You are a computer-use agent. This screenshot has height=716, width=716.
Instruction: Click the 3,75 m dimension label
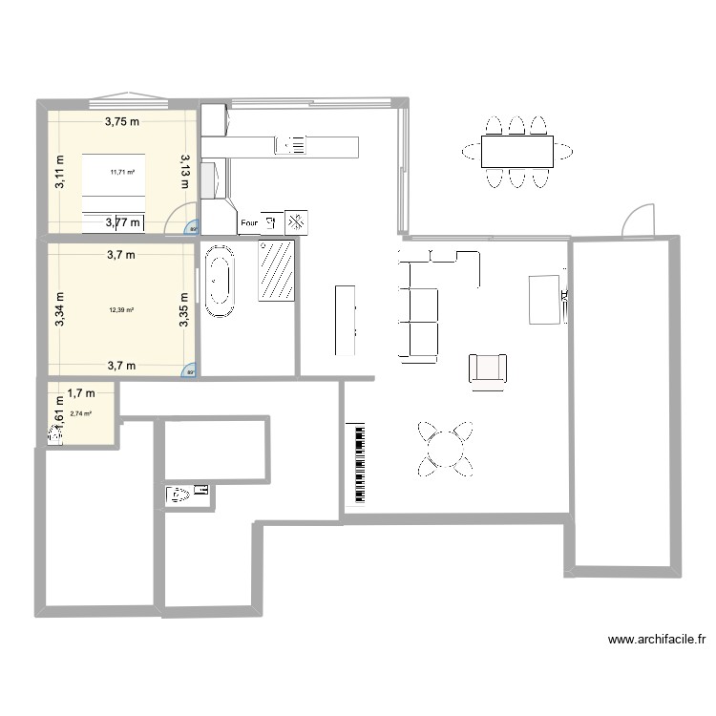tap(122, 121)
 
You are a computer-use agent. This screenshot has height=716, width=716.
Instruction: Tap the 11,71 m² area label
tap(122, 172)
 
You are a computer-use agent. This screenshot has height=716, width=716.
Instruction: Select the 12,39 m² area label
tap(121, 309)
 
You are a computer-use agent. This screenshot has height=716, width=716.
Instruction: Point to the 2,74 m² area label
tap(80, 413)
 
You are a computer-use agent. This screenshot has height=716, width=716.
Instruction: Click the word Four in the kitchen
tap(249, 224)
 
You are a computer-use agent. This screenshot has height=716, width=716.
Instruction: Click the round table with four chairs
tap(446, 448)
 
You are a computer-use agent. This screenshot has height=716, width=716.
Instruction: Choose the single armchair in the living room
tap(488, 369)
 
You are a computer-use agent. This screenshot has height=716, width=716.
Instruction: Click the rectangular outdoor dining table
tap(516, 151)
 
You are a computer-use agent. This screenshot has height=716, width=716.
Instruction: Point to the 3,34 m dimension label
tap(59, 309)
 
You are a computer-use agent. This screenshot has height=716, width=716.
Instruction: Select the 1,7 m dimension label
tap(81, 391)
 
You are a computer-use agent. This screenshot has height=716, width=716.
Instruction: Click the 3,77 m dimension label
tap(122, 223)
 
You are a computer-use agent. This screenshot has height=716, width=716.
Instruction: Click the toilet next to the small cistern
tap(179, 495)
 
